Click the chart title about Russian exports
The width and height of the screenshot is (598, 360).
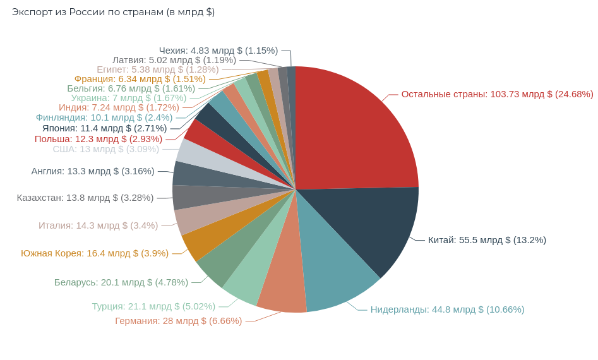pyautogui.click(x=113, y=12)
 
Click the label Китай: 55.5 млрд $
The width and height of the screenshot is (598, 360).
pyautogui.click(x=487, y=240)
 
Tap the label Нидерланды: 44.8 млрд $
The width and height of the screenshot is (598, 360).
pyautogui.click(x=447, y=309)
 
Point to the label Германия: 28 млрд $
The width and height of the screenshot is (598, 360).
pyautogui.click(x=178, y=321)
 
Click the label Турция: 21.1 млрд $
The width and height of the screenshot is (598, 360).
pyautogui.click(x=153, y=306)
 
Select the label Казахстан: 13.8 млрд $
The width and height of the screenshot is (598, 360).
pyautogui.click(x=85, y=198)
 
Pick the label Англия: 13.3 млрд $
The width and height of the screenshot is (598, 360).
pyautogui.click(x=93, y=171)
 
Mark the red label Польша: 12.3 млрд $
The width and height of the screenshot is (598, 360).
pyautogui.click(x=99, y=139)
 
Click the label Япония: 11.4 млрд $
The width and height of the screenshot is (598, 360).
pyautogui.click(x=105, y=128)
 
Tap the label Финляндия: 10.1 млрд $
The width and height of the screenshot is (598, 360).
pyautogui.click(x=104, y=117)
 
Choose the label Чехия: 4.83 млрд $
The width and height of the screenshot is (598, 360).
pyautogui.click(x=218, y=51)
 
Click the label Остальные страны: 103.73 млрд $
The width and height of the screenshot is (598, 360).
pyautogui.click(x=497, y=94)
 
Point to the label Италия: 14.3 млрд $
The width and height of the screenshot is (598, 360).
pyautogui.click(x=98, y=225)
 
